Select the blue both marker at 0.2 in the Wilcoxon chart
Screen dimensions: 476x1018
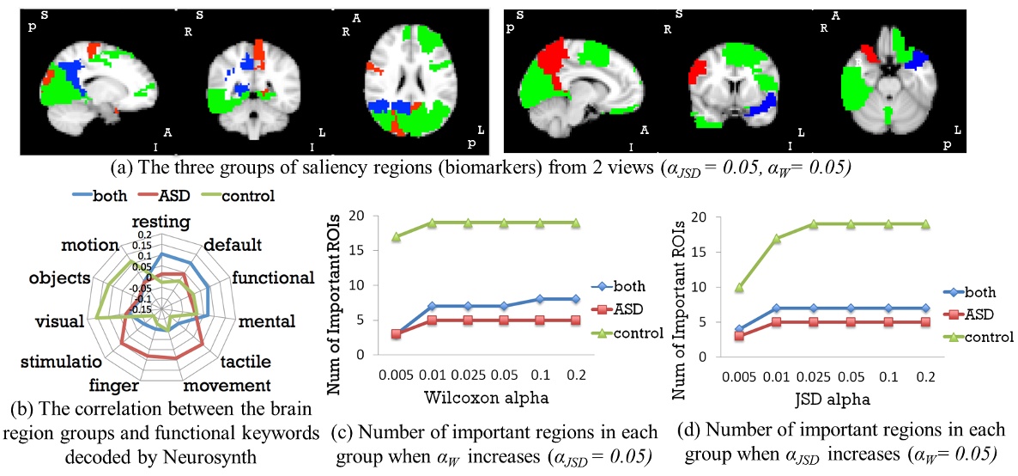point(576,299)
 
